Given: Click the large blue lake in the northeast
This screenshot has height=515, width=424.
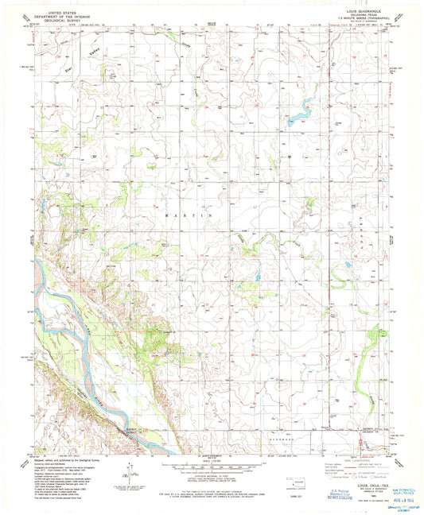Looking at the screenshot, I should pyautogui.click(x=299, y=117).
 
